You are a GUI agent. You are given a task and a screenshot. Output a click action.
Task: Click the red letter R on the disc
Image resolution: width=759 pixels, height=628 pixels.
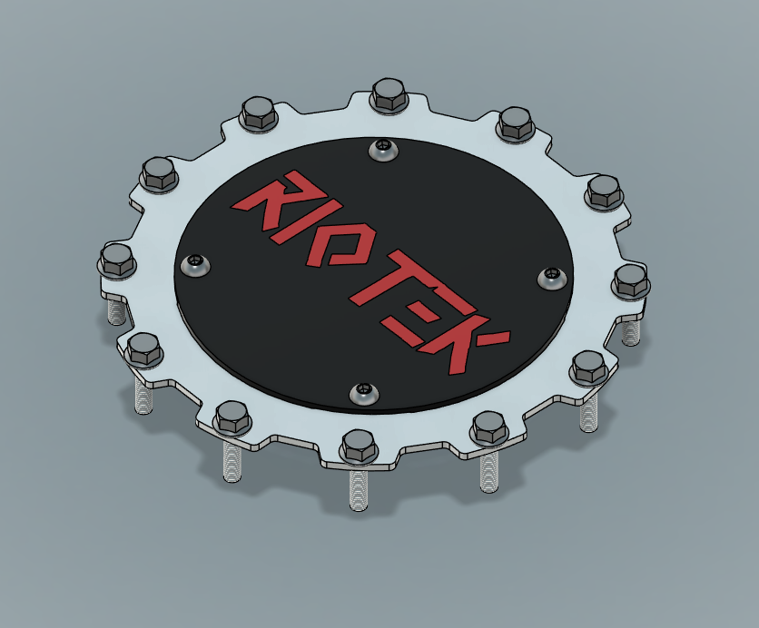click(271, 196)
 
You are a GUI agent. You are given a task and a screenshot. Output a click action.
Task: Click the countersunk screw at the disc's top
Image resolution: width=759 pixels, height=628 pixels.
click(384, 150)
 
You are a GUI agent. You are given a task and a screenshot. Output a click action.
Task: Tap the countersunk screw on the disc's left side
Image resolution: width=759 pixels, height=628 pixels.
click(195, 265)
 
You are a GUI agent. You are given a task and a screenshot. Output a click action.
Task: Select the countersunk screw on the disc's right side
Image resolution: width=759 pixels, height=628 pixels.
click(552, 277)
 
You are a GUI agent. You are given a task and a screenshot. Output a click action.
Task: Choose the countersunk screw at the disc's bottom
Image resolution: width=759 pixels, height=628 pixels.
click(363, 392)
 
